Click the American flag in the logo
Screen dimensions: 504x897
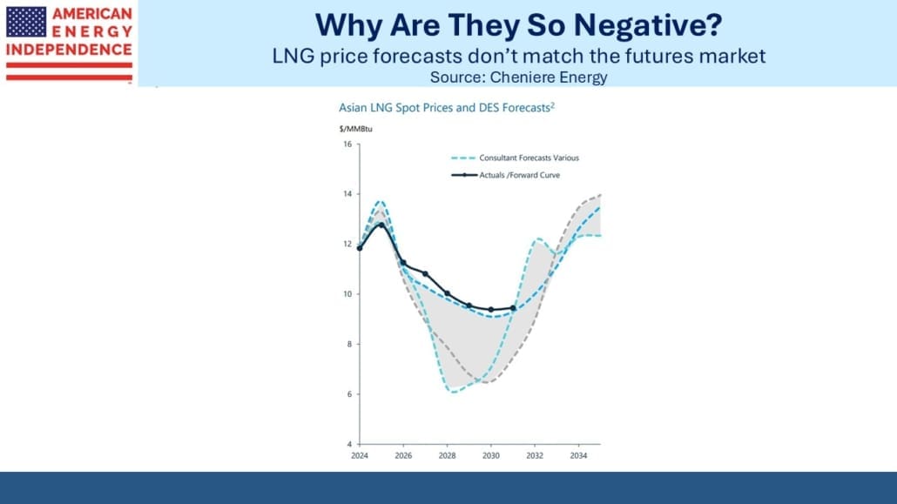pos(26,21)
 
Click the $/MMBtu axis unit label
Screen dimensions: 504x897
pos(354,129)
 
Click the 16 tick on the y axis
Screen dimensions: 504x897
pos(347,144)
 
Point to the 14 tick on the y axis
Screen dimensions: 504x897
pos(347,194)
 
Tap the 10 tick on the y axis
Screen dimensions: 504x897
pos(347,294)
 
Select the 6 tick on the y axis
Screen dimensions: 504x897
pos(348,394)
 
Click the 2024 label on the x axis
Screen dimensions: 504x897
pos(359,455)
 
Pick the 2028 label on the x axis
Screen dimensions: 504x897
pos(447,455)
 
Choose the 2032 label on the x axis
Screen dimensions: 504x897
pos(535,455)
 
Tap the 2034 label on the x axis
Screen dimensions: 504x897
pos(578,455)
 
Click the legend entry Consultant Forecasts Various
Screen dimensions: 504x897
pos(529,158)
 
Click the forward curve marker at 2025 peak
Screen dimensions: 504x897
pos(381,225)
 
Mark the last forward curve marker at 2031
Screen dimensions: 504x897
pos(513,308)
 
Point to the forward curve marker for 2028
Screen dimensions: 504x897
pos(447,293)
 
